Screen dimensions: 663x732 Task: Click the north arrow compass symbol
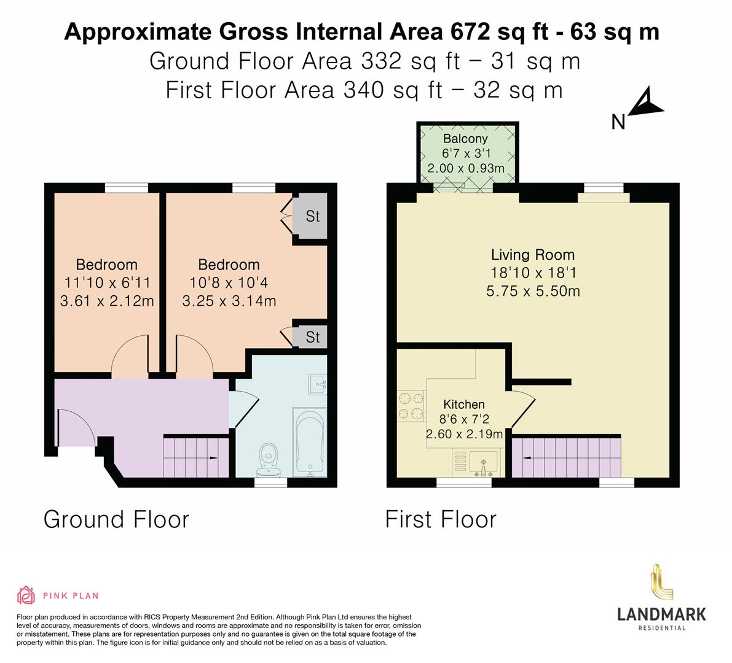point(645,105)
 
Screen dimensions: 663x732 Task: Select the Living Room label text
point(533,255)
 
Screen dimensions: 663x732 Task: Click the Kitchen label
point(464,404)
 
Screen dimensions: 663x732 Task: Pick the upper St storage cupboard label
point(313,217)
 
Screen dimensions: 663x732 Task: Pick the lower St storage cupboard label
point(313,337)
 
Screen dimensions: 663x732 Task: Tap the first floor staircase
point(565,456)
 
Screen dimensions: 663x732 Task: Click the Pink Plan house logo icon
point(26,595)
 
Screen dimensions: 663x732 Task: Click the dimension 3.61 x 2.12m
point(107,301)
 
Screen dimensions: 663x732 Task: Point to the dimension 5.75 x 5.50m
point(533,291)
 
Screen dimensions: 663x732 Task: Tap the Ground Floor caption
point(116,519)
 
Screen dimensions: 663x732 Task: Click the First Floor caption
point(440,519)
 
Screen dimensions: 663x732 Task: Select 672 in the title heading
point(466,32)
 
